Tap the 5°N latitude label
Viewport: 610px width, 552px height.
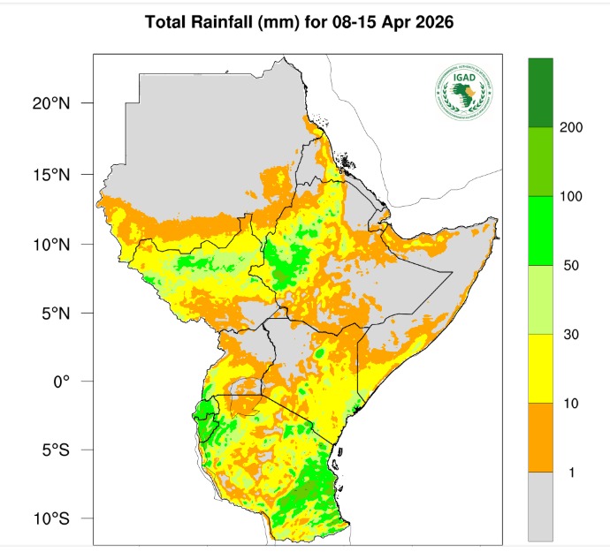[x=55, y=313]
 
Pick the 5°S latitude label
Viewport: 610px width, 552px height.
[x=55, y=450]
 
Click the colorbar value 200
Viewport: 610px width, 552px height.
[x=571, y=128]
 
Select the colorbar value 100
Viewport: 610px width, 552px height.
[x=571, y=196]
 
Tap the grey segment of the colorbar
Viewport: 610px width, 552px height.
[x=540, y=506]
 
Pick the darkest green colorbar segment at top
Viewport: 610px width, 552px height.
[x=540, y=93]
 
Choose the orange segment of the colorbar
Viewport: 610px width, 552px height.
[x=540, y=437]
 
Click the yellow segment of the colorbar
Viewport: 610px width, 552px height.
[x=540, y=368]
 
